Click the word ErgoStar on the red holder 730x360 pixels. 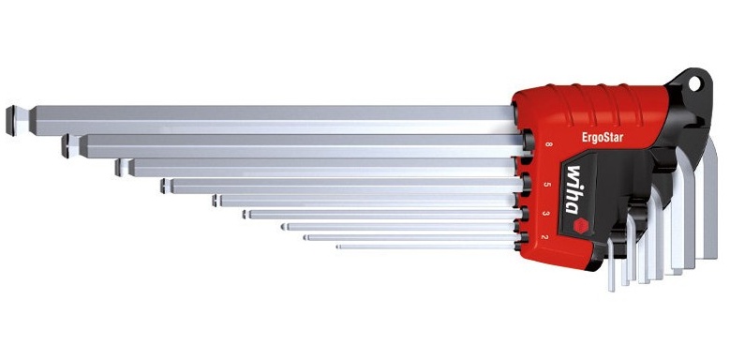(x=603, y=137)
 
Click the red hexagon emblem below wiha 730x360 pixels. (x=581, y=226)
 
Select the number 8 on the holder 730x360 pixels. (x=548, y=144)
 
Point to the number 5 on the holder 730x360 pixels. (x=547, y=185)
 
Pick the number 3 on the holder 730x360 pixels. (x=546, y=214)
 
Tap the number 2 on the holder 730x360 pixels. (x=544, y=237)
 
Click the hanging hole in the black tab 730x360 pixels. (x=694, y=83)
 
